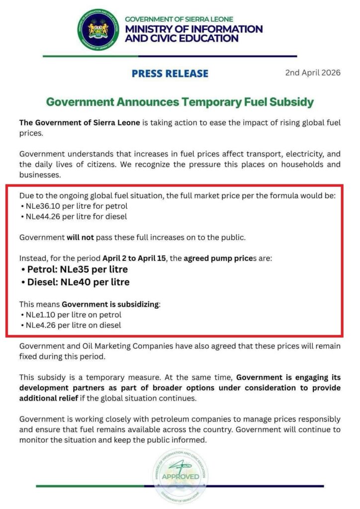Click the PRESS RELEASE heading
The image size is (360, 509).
pyautogui.click(x=170, y=74)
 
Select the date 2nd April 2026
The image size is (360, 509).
pyautogui.click(x=313, y=73)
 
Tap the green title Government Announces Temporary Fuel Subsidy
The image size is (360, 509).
pyautogui.click(x=180, y=102)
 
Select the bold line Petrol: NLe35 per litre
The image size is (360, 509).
pyautogui.click(x=75, y=269)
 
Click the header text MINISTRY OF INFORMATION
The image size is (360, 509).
pyautogui.click(x=194, y=29)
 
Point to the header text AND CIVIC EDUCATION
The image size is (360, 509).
pyautogui.click(x=181, y=38)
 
